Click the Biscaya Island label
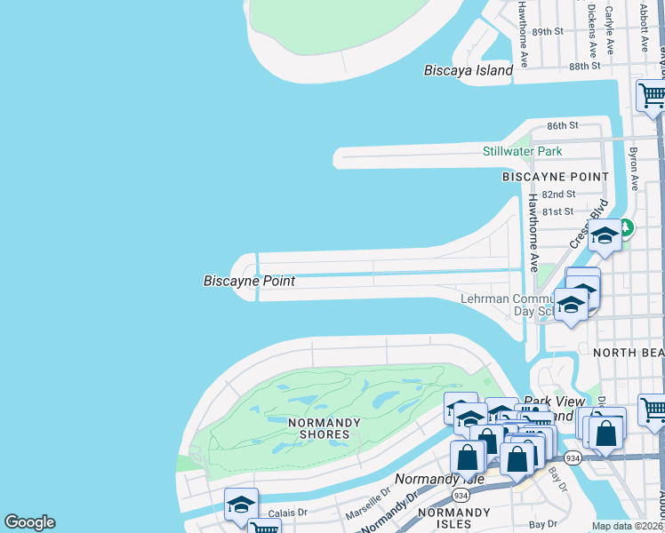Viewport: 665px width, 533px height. coord(469,70)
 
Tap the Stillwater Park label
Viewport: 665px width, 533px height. coord(522,151)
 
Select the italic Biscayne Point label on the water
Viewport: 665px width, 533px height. coord(249,281)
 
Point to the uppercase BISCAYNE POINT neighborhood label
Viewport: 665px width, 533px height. coord(554,176)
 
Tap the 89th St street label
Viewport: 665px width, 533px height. coord(548,31)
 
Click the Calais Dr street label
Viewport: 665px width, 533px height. coord(288,512)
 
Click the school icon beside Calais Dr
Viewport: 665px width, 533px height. coord(241,505)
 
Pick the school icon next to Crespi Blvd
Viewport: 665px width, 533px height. coord(605,235)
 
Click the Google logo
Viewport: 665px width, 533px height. coord(29,522)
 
